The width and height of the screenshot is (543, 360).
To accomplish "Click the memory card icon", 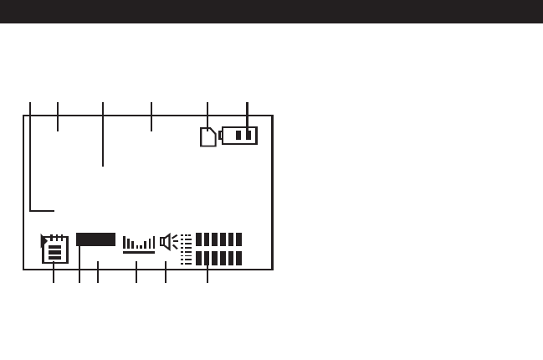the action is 207,137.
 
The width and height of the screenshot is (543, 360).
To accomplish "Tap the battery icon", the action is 240,136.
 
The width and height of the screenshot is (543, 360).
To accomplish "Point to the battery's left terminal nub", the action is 220,135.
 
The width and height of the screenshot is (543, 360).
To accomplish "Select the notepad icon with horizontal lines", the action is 54,250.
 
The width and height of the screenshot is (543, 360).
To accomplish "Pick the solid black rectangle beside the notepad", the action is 95,239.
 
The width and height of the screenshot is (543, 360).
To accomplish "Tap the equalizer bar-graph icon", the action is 139,244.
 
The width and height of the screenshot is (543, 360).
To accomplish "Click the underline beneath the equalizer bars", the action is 139,252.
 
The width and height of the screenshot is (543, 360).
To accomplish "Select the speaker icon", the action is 167,242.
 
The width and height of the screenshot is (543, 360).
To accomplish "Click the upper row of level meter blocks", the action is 218,239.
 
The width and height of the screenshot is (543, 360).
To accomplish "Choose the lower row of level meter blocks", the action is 218,258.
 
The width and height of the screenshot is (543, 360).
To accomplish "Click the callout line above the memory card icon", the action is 207,116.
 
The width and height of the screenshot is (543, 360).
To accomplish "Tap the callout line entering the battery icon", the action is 248,117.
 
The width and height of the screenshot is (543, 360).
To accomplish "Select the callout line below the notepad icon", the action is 54,272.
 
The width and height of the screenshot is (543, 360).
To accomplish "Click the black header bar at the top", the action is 271,11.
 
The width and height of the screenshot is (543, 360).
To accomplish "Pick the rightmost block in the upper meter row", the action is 238,239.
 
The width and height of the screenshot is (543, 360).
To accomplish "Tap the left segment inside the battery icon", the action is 238,136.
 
